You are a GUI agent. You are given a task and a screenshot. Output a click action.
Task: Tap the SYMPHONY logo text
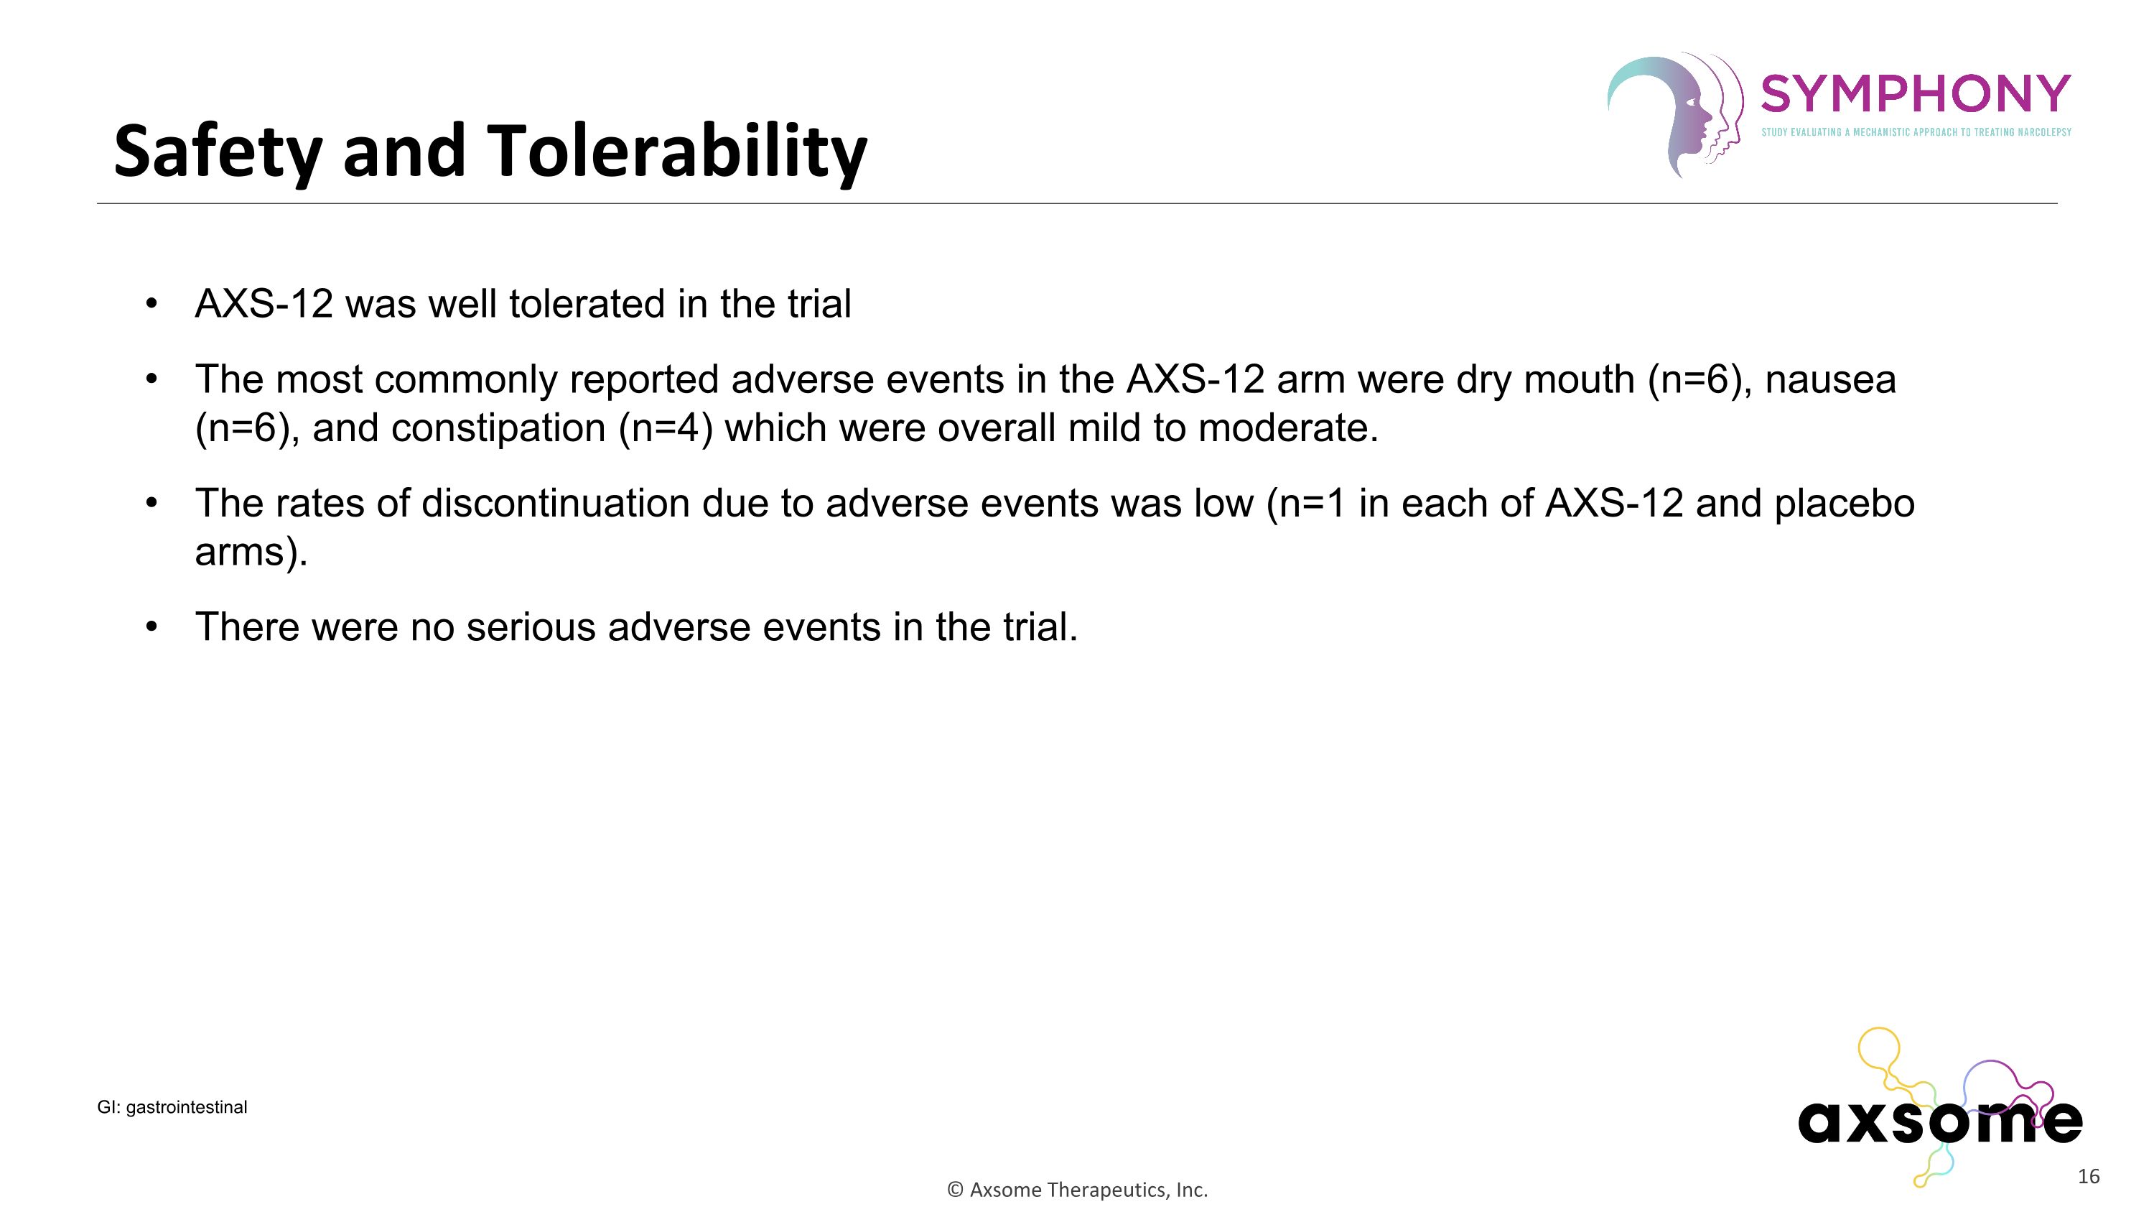click(x=1915, y=93)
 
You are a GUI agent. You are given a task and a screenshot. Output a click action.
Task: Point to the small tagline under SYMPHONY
click(x=1916, y=132)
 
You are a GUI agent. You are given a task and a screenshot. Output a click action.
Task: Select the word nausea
click(x=1829, y=380)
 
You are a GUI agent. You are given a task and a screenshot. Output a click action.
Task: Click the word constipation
click(x=498, y=428)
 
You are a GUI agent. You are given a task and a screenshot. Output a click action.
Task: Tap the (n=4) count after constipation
click(x=666, y=428)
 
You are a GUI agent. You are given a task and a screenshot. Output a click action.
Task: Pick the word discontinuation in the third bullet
click(x=554, y=504)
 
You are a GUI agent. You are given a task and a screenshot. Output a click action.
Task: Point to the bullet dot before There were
click(x=151, y=627)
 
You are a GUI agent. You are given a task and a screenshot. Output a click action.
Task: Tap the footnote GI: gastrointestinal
click(x=172, y=1107)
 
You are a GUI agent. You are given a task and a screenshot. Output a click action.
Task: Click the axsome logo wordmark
click(x=1939, y=1121)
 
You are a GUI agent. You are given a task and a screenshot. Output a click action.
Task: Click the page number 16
click(x=2088, y=1177)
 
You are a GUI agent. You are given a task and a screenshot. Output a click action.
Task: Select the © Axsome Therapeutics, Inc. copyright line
click(x=1077, y=1190)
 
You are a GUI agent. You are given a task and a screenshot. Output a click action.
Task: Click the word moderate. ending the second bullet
click(x=1287, y=428)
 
